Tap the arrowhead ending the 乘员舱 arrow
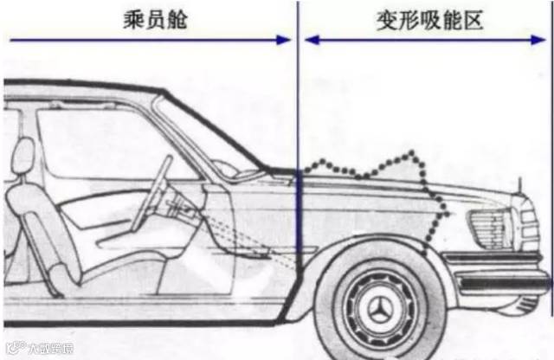[284, 40]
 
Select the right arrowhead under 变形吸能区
[545, 40]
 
